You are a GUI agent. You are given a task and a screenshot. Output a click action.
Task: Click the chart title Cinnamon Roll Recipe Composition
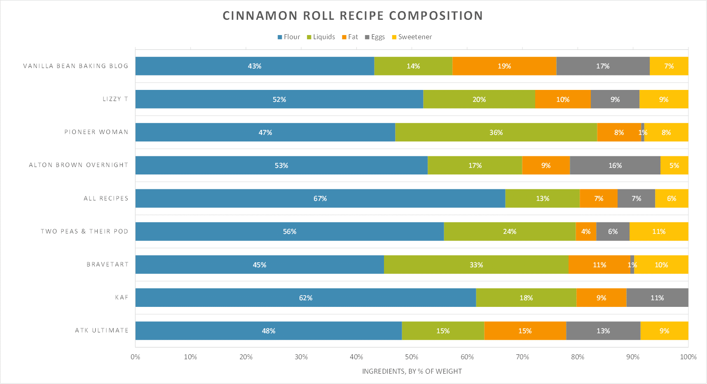pyautogui.click(x=353, y=16)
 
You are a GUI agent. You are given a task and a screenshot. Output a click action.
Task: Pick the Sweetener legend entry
pyautogui.click(x=412, y=37)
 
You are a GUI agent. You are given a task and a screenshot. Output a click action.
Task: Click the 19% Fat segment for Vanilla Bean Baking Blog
pyautogui.click(x=504, y=66)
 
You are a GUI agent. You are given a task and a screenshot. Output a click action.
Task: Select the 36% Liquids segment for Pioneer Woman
pyautogui.click(x=496, y=132)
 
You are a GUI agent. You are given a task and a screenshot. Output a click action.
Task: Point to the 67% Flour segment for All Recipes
pyautogui.click(x=320, y=198)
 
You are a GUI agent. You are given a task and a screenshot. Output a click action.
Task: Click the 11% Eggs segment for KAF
pyautogui.click(x=657, y=298)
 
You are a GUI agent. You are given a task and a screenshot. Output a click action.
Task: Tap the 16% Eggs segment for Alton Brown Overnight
pyautogui.click(x=615, y=165)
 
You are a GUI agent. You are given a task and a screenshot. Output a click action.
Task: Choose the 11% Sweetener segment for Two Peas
pyautogui.click(x=659, y=231)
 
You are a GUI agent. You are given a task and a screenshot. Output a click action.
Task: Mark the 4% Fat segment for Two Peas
pyautogui.click(x=586, y=231)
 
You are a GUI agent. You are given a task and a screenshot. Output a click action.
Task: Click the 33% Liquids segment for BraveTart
pyautogui.click(x=476, y=265)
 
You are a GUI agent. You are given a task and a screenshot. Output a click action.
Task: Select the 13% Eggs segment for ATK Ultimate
pyautogui.click(x=603, y=331)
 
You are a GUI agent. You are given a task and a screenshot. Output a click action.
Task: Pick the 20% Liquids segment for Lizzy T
pyautogui.click(x=479, y=99)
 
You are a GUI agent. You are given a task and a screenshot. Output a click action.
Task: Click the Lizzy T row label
pyautogui.click(x=115, y=99)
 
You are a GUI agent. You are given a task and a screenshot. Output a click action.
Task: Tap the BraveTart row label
pyautogui.click(x=108, y=264)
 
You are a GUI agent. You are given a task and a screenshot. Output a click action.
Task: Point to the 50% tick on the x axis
pyautogui.click(x=412, y=357)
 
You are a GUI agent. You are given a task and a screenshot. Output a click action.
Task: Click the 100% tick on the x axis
pyautogui.click(x=688, y=357)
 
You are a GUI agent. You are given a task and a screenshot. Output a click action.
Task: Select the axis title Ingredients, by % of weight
pyautogui.click(x=412, y=371)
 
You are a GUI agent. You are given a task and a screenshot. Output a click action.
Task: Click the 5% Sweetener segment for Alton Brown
pyautogui.click(x=674, y=165)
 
